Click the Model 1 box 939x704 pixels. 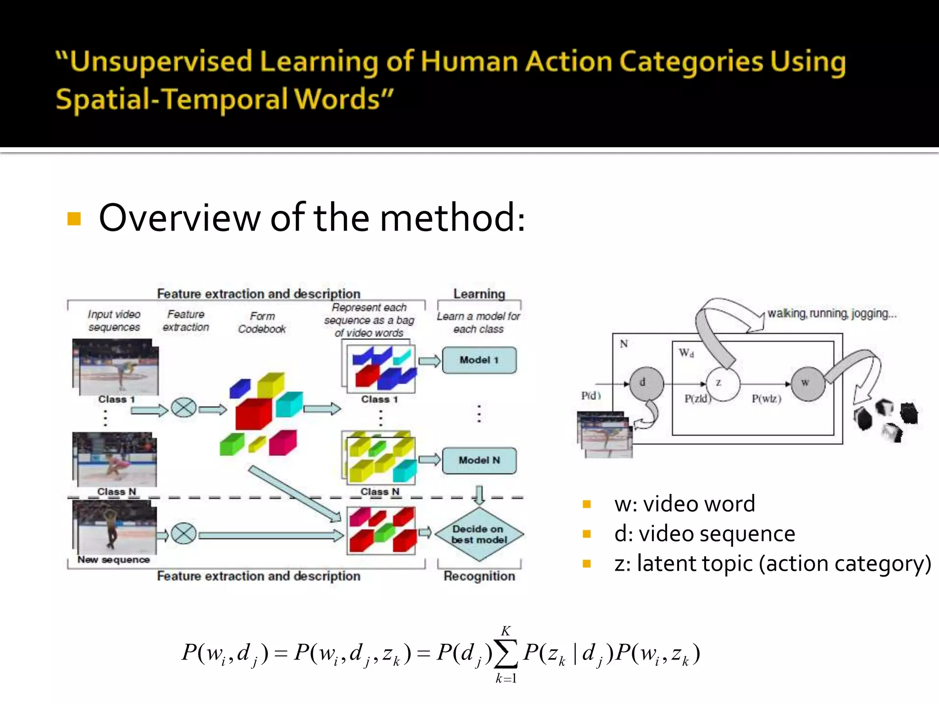click(479, 360)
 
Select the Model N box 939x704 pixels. click(479, 461)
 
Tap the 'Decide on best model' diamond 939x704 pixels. click(479, 534)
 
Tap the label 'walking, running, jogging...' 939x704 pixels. click(832, 313)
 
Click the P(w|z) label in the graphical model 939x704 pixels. click(766, 399)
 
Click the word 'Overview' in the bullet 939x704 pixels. click(179, 218)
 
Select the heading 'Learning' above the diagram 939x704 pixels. click(479, 294)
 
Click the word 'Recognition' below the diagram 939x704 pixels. click(479, 576)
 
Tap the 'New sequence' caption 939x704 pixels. click(114, 560)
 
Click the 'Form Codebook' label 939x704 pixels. click(262, 323)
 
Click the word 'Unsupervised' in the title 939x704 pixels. click(155, 61)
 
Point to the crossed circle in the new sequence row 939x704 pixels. click(183, 534)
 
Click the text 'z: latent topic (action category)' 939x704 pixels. click(773, 564)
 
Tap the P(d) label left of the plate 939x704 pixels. click(591, 395)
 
